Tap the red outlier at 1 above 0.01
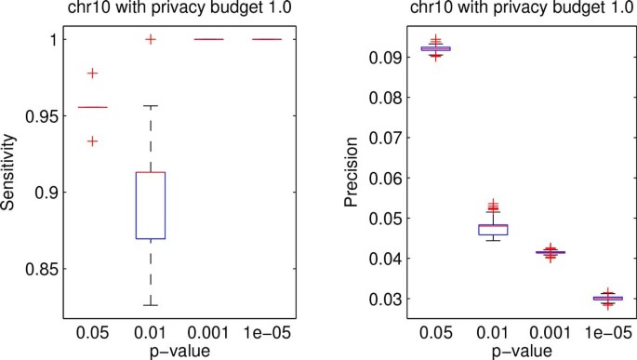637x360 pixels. [151, 39]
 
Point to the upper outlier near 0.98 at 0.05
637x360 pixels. [92, 73]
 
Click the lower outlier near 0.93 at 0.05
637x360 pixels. [92, 141]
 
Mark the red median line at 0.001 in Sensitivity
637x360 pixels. [208, 40]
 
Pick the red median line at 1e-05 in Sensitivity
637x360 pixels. [267, 40]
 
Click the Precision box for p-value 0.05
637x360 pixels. [435, 48]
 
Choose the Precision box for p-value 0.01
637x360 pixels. [493, 229]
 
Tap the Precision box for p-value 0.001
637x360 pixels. [551, 252]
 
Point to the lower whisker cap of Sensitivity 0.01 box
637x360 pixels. [151, 305]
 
